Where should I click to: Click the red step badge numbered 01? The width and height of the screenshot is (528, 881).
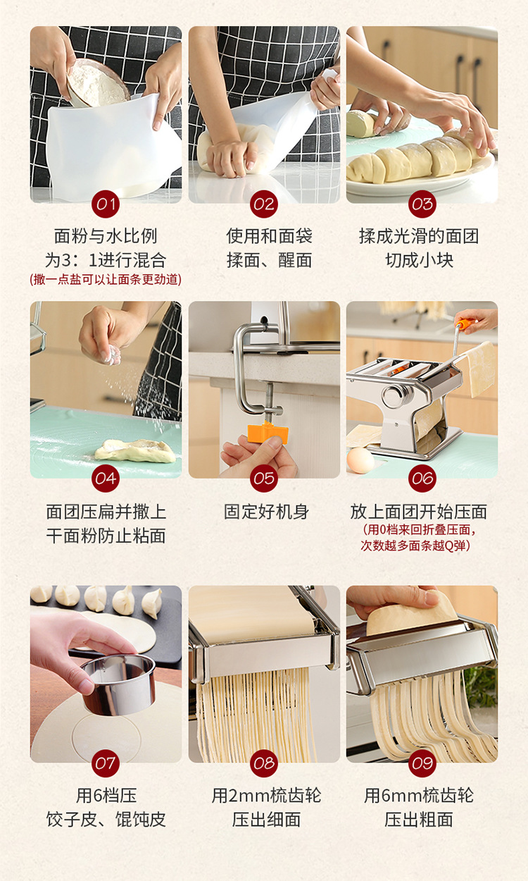106,204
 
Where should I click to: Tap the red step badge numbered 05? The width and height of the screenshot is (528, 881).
264,479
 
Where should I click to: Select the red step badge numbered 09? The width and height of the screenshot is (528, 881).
422,763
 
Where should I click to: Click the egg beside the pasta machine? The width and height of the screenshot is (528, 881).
361,460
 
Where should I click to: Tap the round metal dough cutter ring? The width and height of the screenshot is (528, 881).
118,682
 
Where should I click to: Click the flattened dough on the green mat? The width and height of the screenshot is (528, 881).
135,450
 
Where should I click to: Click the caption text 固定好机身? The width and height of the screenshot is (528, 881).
266,512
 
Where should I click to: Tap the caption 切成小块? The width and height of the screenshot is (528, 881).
420,260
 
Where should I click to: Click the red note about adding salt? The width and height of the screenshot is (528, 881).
106,280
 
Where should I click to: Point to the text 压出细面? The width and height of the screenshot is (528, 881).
266,820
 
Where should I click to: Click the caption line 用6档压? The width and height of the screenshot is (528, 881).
106,796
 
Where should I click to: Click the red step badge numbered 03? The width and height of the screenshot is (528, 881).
422,204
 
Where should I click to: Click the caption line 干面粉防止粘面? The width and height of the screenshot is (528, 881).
106,536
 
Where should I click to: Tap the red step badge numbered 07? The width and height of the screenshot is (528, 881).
106,763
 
